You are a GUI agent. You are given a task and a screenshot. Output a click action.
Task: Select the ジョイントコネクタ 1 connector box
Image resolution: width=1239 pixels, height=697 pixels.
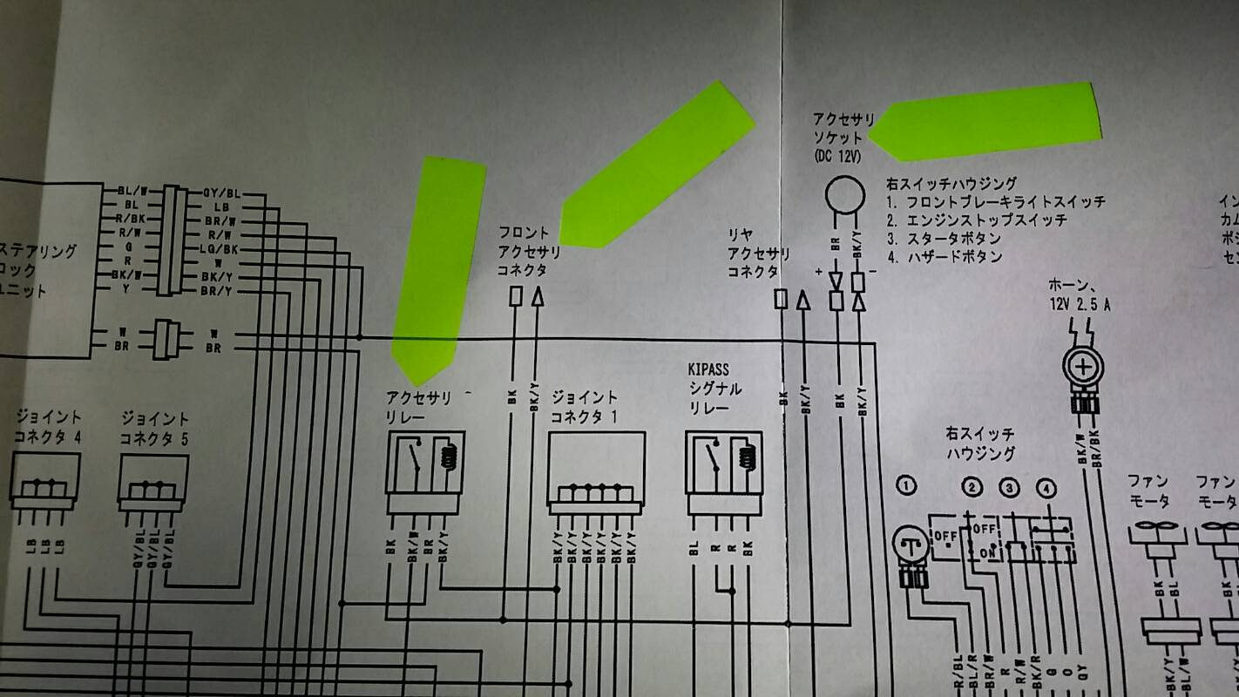point(596,470)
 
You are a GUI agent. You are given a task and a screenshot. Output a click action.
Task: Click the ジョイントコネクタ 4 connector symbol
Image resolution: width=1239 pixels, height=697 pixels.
point(44,480)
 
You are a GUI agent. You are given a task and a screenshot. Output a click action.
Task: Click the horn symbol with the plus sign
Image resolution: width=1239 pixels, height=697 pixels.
point(1083,369)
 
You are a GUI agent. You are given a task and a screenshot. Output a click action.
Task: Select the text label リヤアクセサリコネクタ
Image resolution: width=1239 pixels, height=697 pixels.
point(758,254)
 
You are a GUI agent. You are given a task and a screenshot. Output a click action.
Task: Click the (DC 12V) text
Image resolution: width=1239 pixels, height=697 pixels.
point(838,156)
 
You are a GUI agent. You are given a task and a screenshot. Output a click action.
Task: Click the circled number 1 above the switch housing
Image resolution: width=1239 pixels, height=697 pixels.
point(907,485)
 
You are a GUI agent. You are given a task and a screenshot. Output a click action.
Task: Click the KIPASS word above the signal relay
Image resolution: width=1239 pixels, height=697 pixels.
point(708,370)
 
